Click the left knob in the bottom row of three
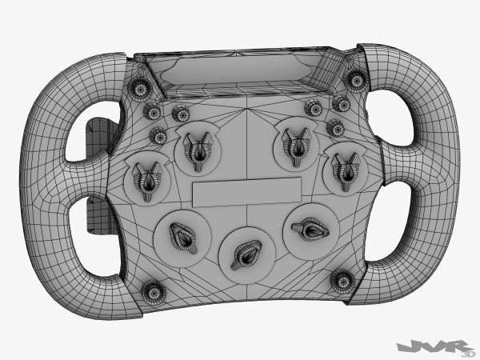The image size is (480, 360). point(182,235)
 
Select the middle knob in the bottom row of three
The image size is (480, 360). point(243,252)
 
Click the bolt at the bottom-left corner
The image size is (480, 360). point(152,292)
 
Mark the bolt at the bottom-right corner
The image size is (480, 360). point(342,280)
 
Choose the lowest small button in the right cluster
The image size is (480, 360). point(335,128)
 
